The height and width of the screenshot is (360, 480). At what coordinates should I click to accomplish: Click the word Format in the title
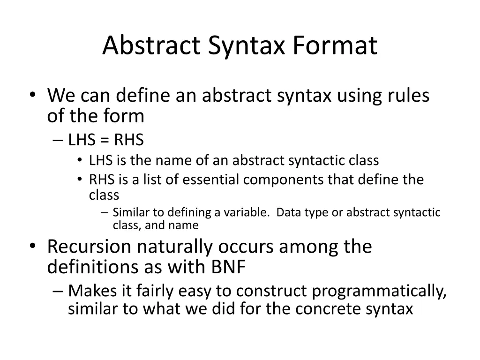click(335, 46)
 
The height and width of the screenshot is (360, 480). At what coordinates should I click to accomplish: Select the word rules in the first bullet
click(407, 96)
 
